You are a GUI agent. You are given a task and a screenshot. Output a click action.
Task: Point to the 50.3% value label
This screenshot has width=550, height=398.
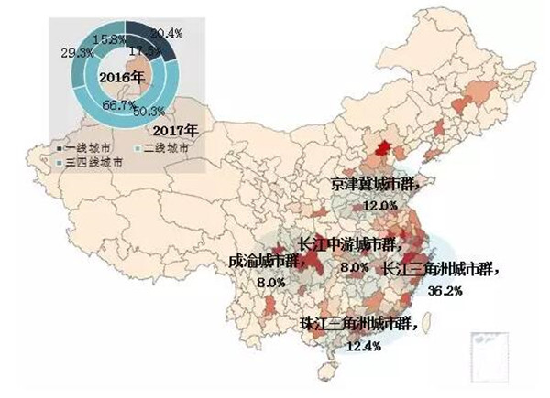[148, 113]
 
